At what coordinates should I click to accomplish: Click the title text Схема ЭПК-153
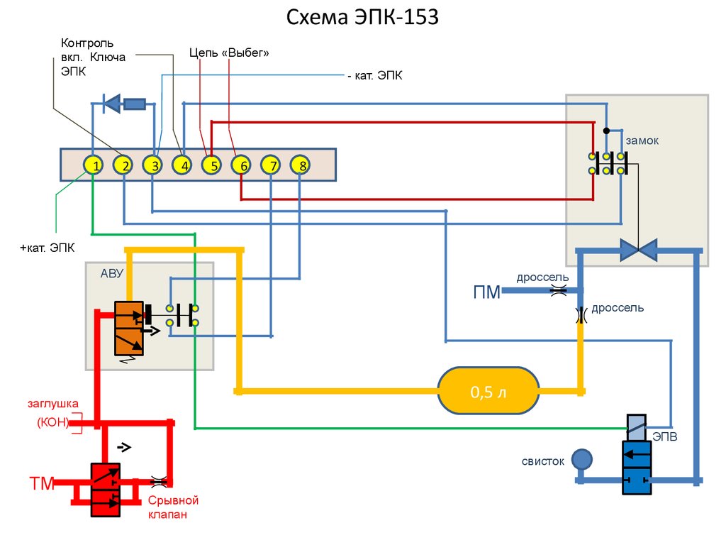362,17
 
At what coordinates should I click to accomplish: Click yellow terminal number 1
94,166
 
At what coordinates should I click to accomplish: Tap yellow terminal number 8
301,166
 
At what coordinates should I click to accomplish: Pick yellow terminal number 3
152,166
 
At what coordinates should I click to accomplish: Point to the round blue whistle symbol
581,459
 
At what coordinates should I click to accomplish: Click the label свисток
542,461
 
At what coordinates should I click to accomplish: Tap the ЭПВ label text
665,437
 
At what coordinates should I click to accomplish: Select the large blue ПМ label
486,291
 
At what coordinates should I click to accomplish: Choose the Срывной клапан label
173,507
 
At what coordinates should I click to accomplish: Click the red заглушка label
52,404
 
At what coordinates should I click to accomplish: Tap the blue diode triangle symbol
112,104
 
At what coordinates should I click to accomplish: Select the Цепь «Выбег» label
229,53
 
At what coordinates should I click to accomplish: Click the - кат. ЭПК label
374,76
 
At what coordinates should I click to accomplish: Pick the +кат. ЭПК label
47,248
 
